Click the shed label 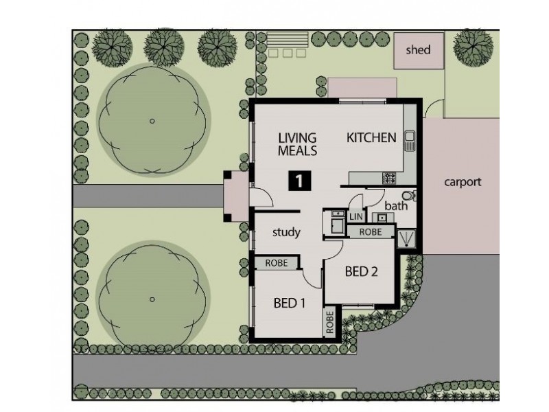coord(419,49)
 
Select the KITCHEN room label coord(371,138)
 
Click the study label coord(286,232)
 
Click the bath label coord(396,205)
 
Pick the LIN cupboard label coord(356,217)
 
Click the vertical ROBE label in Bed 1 coord(330,323)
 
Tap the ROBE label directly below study coord(277,262)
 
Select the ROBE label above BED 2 coord(371,232)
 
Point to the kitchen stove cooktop coord(388,179)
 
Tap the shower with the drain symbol coord(409,238)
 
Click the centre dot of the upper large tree coord(152,121)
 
